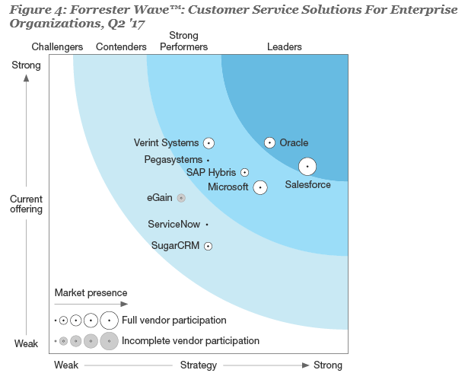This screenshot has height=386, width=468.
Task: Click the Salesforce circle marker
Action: coord(307,166)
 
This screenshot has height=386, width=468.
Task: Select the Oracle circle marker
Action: coord(269,142)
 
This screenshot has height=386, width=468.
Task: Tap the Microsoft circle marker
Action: coord(260,187)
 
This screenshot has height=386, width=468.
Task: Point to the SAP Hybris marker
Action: coord(244,173)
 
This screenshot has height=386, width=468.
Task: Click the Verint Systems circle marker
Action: coord(208,142)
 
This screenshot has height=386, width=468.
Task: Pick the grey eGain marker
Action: coord(181,198)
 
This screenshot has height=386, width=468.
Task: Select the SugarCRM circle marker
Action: coord(208,246)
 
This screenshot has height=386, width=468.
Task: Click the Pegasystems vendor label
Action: coord(173,160)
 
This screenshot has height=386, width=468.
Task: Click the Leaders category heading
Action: coord(285,47)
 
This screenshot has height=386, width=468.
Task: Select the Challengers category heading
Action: coord(58,47)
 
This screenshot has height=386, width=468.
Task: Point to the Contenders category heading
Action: coord(121,47)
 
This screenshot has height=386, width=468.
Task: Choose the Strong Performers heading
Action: coord(183,41)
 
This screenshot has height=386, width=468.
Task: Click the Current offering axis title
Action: coord(26,204)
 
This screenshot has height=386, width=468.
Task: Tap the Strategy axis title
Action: coord(198,365)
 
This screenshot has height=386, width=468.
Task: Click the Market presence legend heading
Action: coord(91,293)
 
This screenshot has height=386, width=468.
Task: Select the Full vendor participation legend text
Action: coord(174,321)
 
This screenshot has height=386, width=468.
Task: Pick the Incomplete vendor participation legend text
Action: coord(190,341)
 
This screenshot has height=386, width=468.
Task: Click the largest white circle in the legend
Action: coord(109,321)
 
